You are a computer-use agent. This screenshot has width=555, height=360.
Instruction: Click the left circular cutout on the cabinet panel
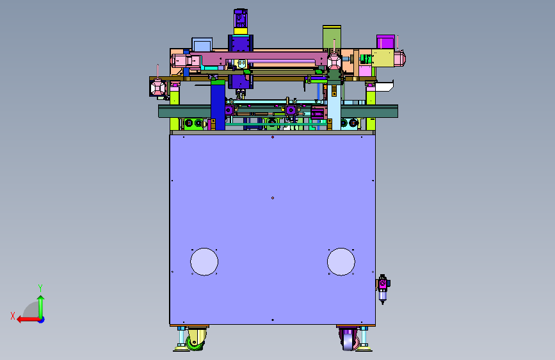coord(204,261)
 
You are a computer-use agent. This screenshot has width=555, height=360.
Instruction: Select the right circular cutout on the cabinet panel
coord(341,261)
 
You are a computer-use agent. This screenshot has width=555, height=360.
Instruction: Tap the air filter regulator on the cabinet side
coord(383,289)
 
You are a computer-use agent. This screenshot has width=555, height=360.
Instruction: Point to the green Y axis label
coord(40,288)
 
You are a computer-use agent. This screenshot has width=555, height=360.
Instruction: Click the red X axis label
coord(13,316)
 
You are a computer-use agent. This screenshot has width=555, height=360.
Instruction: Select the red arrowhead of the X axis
coord(20,320)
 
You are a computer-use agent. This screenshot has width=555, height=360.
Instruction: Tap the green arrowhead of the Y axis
coord(41,299)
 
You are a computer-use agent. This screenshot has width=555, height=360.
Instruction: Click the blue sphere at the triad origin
coord(42,320)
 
